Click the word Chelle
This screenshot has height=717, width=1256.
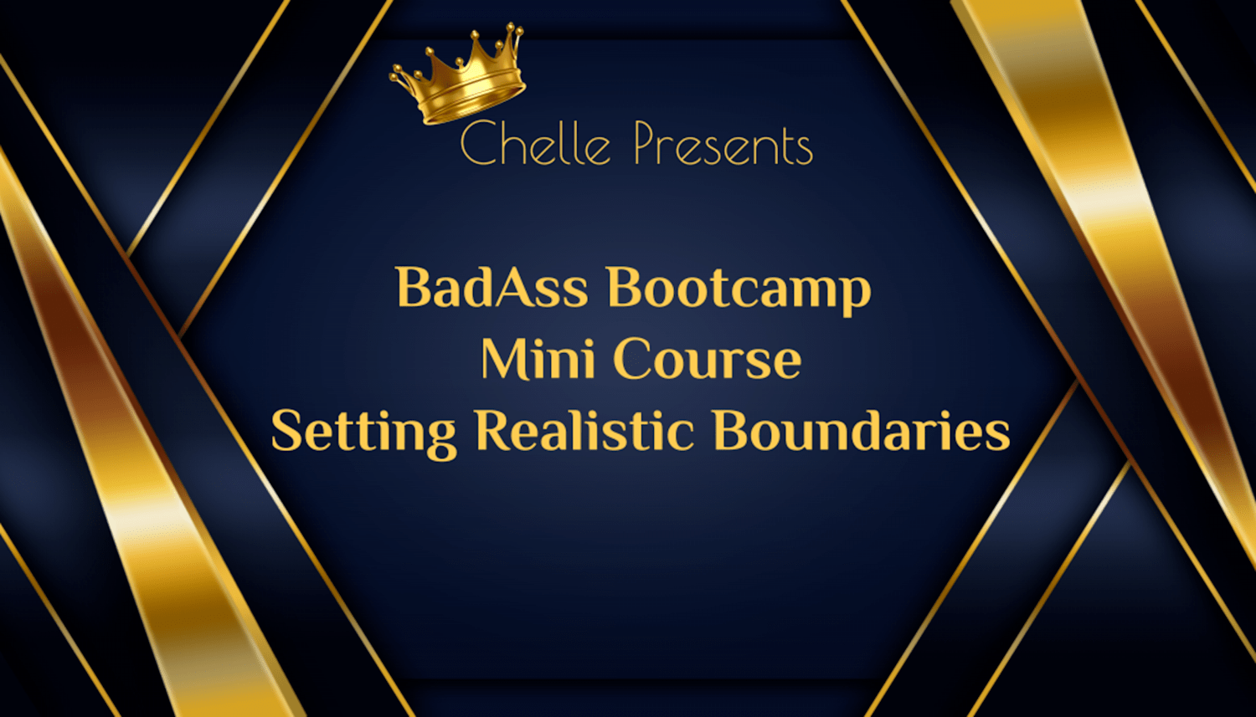(535, 143)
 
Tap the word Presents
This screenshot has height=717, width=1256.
(723, 145)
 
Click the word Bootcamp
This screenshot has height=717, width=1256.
(739, 291)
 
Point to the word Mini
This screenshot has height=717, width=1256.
(538, 358)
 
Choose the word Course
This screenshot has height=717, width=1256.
(708, 358)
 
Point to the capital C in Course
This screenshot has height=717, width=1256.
(631, 359)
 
